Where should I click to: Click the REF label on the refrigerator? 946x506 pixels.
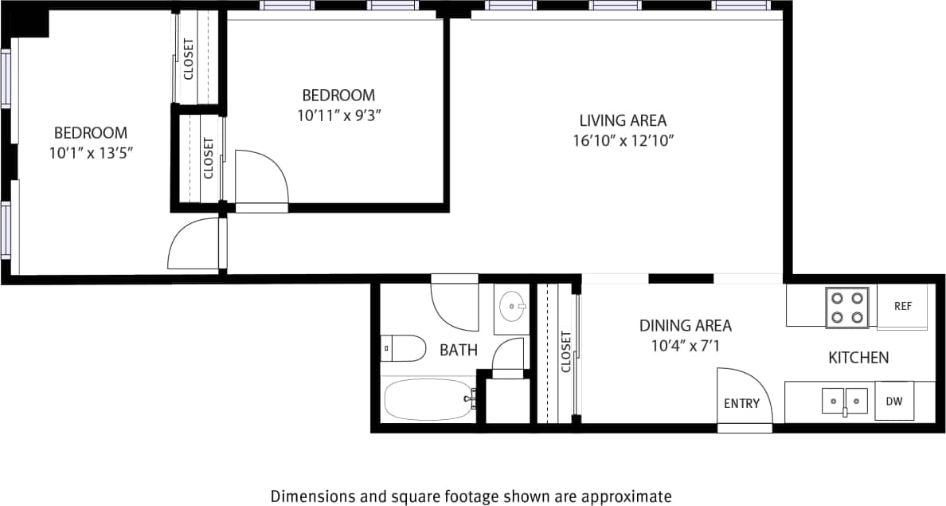[902, 306]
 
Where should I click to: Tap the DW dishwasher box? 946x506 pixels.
[894, 402]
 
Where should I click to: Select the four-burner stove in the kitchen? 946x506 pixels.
[846, 308]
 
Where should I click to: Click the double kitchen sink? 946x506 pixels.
[845, 398]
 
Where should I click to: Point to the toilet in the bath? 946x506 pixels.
[406, 348]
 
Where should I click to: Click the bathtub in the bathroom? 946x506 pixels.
[428, 399]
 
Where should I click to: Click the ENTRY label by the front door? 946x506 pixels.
[741, 403]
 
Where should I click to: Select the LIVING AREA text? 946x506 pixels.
[622, 121]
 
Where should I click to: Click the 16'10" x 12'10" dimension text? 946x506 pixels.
[622, 141]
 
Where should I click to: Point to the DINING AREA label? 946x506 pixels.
[685, 325]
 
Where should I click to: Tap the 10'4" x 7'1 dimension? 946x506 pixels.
[685, 346]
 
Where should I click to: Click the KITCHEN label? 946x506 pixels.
[858, 358]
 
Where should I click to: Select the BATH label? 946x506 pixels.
[459, 350]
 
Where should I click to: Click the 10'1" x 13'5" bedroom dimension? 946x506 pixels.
[90, 152]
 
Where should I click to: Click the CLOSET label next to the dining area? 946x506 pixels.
[566, 351]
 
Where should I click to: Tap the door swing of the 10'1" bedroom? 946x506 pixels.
[193, 247]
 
